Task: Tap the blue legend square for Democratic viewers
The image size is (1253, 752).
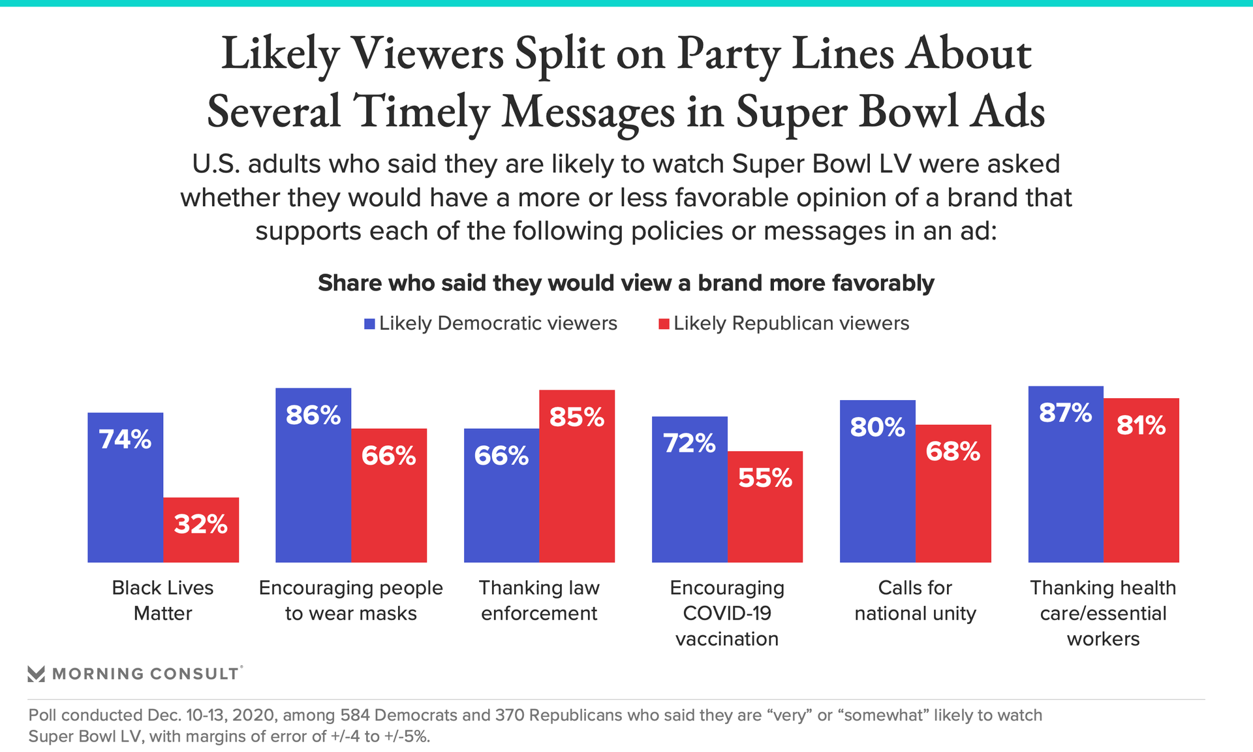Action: [x=369, y=324]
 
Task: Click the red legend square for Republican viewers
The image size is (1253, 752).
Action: [x=664, y=324]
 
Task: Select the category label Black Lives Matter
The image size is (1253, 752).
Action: [x=162, y=601]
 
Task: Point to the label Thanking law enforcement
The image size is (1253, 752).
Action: [x=539, y=601]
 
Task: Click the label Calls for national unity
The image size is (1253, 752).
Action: [x=915, y=601]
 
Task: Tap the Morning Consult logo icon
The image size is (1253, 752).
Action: [x=37, y=674]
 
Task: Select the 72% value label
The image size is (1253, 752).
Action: [x=689, y=443]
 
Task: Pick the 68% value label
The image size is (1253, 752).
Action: [x=953, y=451]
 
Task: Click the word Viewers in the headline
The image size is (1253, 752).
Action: [x=427, y=54]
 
